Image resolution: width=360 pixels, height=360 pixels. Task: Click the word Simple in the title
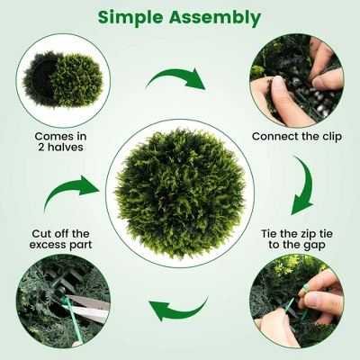(x=130, y=17)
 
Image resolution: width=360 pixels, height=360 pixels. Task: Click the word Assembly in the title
(x=215, y=18)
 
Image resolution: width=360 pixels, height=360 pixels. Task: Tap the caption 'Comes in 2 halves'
(x=61, y=141)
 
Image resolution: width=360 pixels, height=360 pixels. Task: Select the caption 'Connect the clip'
(x=297, y=137)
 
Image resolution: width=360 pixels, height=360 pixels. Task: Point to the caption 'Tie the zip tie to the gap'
(x=297, y=239)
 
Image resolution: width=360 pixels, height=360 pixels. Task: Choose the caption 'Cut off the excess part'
(x=60, y=239)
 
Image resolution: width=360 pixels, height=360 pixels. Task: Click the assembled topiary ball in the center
(x=180, y=193)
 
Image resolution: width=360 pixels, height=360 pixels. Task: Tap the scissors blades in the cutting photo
(x=87, y=308)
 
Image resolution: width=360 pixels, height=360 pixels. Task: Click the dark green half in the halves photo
(x=38, y=78)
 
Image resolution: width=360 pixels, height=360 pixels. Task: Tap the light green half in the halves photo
(x=76, y=80)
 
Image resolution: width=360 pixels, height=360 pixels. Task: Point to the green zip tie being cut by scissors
(x=71, y=317)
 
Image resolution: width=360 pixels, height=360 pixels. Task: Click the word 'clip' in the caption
(x=330, y=137)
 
